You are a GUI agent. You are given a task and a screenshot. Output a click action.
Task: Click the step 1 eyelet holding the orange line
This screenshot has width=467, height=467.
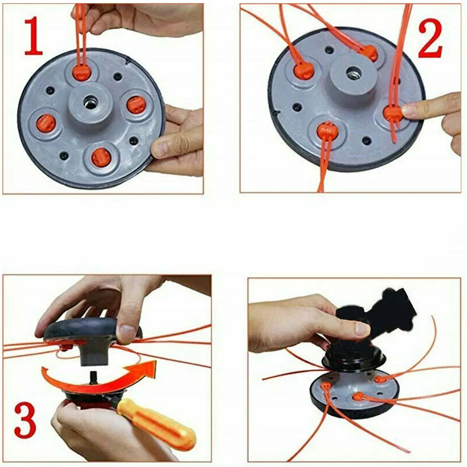tap(82, 72)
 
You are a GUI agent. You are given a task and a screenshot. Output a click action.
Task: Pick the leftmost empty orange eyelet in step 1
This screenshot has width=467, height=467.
tap(46, 123)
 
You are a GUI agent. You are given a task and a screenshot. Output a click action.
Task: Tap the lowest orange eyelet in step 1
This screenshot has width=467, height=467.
tap(102, 158)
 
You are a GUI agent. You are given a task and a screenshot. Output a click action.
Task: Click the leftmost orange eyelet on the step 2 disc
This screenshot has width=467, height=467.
tap(304, 71)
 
